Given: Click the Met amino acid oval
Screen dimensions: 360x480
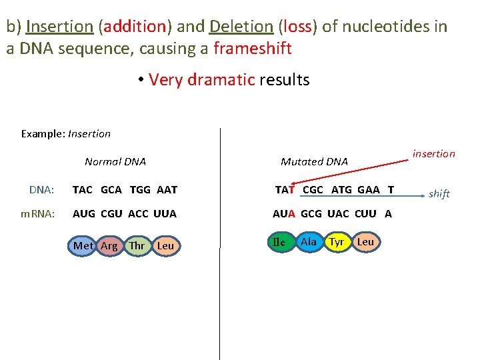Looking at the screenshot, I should coord(83,245).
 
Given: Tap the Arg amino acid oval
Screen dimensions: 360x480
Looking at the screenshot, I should coord(109,245).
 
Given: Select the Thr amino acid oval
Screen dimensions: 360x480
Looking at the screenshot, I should coord(137,245).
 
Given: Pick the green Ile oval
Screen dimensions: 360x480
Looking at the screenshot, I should coord(279,242).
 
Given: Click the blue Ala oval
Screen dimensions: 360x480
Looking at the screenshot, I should coord(308,241).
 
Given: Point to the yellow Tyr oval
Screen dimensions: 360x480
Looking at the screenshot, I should coord(337,241).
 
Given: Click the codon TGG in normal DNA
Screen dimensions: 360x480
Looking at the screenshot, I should coord(140,189).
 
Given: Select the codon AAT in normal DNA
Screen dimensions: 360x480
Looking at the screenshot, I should coord(167,189).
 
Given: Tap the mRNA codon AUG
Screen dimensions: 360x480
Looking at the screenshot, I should coord(84,214).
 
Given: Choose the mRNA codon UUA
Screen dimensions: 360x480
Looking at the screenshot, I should coord(165,214).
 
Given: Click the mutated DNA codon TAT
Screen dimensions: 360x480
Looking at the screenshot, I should coord(285,189).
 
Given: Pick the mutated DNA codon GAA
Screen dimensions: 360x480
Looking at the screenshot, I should coord(368,189).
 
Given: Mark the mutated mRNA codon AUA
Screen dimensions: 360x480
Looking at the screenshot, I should coord(284,214).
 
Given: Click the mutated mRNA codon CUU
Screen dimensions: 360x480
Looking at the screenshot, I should coord(365,214).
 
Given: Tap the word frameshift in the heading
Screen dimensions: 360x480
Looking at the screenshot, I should coord(252,49).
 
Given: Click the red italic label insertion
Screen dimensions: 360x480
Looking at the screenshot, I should coord(433,154).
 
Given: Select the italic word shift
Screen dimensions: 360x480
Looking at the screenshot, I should coord(439,194).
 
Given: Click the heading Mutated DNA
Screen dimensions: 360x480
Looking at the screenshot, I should coord(314,162).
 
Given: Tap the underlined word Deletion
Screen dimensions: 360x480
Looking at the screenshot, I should coord(241,27).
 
